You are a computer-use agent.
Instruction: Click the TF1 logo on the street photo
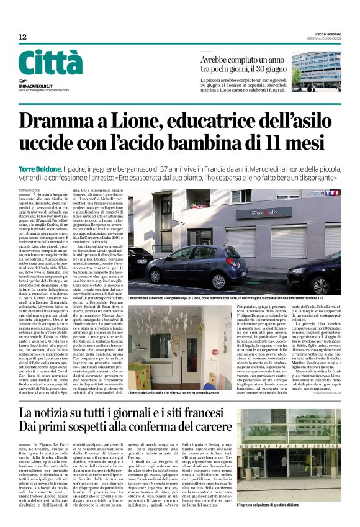click(x=333, y=193)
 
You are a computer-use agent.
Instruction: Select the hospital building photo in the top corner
click(x=316, y=71)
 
